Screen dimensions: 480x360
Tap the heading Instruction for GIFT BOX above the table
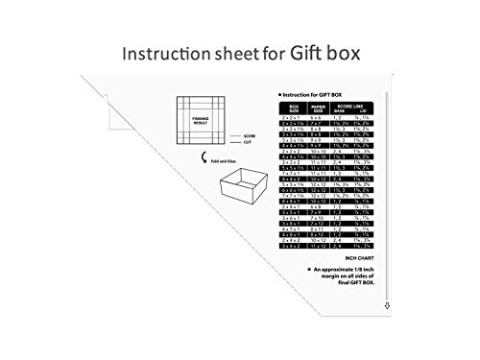pyautogui.click(x=315, y=94)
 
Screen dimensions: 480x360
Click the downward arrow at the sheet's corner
pyautogui.click(x=385, y=304)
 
